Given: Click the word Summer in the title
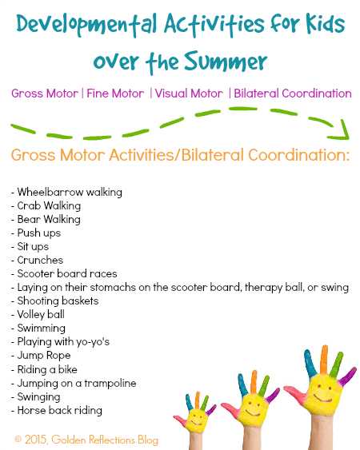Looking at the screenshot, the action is click(226, 61).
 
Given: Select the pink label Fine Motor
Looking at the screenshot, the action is click(115, 94).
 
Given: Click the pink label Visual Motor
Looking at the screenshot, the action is click(189, 94).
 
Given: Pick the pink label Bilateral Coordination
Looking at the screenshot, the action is click(293, 94).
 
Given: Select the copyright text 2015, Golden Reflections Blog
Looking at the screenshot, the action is click(86, 440).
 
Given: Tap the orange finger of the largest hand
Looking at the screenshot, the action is click(324, 360).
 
